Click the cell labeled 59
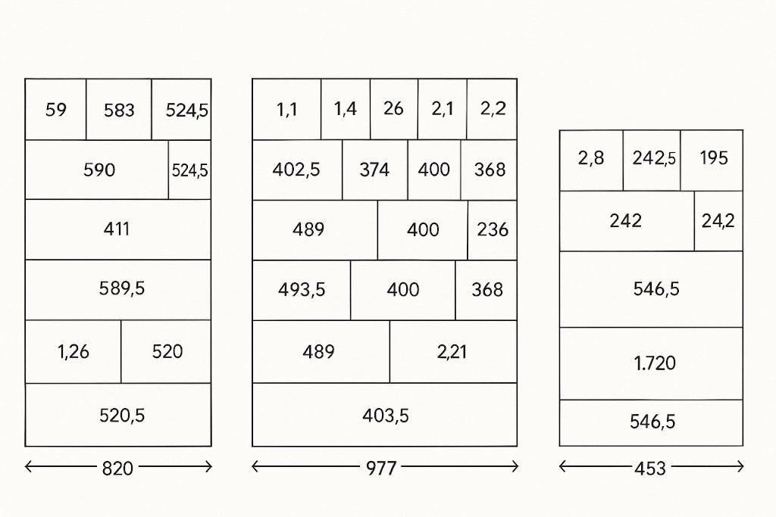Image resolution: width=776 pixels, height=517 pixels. (x=55, y=109)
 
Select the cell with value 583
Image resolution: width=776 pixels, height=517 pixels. (x=119, y=109)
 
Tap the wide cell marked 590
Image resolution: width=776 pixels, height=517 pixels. (x=97, y=170)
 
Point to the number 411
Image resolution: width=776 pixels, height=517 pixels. (x=117, y=229)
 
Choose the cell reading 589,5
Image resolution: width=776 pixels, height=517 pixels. (x=117, y=290)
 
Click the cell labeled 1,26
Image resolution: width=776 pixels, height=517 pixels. (x=74, y=351)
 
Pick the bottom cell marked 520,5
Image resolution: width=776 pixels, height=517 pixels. (x=117, y=415)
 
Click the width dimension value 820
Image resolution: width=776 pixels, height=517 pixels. (x=117, y=468)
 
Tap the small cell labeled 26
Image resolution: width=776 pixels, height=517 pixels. (x=394, y=109)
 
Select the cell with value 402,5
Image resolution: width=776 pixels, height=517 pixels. (x=297, y=170)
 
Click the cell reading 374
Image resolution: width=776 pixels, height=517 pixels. (x=374, y=170)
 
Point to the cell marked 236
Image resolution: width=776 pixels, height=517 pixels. (x=493, y=230)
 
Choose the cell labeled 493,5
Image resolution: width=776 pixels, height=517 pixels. (x=302, y=290)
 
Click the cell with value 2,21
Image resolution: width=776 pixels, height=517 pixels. (x=453, y=351)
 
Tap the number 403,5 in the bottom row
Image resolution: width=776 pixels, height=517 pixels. (x=386, y=416)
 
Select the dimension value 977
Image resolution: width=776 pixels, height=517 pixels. (x=381, y=468)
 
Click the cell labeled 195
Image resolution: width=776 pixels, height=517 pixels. (x=712, y=160)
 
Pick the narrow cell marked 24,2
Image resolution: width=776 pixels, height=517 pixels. (x=718, y=221)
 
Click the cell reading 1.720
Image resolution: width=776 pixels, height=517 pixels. (x=651, y=363)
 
